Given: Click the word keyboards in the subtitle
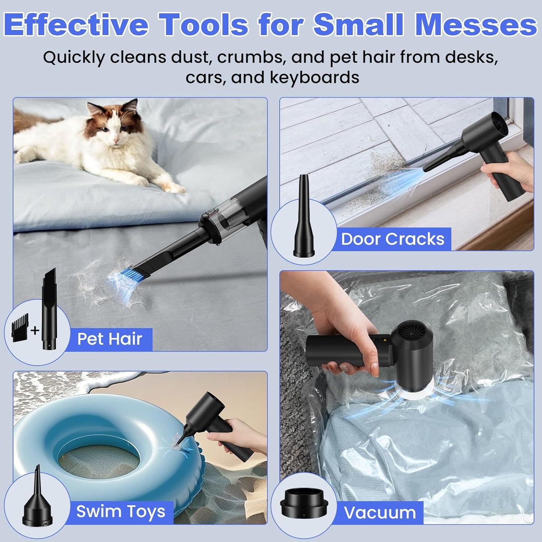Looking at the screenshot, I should click(x=314, y=77).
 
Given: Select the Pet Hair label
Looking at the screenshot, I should click(x=110, y=339).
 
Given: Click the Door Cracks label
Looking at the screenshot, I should click(x=393, y=239).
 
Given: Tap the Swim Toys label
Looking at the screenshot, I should click(x=121, y=511).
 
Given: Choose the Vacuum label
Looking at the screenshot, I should click(x=380, y=512).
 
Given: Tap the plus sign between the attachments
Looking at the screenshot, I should click(x=35, y=330).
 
